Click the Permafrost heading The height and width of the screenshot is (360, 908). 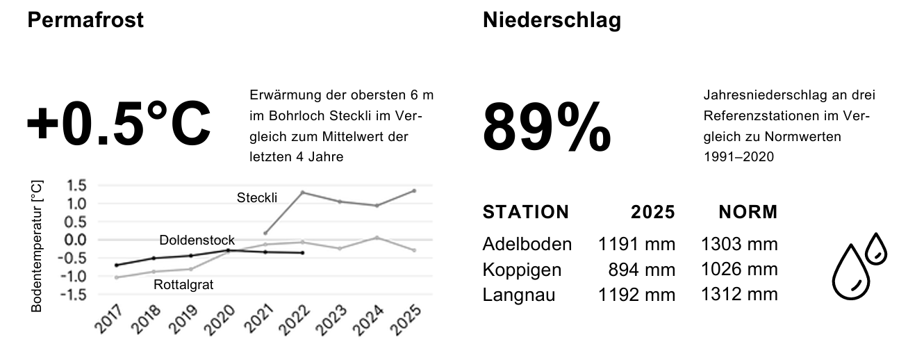85,20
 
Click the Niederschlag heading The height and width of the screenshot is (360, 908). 552,21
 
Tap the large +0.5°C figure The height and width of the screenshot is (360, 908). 118,124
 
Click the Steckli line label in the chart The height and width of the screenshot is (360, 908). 257,198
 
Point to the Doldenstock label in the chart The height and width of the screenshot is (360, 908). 197,240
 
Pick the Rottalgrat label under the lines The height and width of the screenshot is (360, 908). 183,284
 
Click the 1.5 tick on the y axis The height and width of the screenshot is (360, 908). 76,186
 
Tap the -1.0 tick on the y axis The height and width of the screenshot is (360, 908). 74,276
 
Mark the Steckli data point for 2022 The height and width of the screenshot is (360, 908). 302,192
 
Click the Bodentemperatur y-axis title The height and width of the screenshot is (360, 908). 38,246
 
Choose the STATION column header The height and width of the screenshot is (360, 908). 525,212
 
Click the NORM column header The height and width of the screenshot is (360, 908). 748,212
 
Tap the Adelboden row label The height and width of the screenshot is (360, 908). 527,244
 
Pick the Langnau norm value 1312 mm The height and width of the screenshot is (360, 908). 741,295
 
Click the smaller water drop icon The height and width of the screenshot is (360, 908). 876,248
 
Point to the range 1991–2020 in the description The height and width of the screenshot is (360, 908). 738,158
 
